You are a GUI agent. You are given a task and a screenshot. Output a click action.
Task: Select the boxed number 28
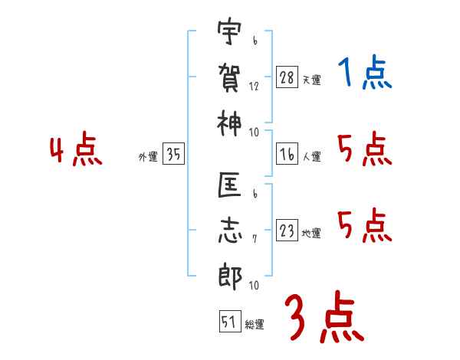click(x=287, y=77)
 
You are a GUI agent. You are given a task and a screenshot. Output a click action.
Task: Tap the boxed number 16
click(x=287, y=155)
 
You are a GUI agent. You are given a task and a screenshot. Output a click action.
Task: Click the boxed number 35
click(x=173, y=155)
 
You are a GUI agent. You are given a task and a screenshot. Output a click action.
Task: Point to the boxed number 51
click(x=228, y=322)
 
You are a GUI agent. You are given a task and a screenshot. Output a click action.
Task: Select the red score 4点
click(x=76, y=151)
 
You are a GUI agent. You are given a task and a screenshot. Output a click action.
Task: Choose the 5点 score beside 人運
click(x=364, y=149)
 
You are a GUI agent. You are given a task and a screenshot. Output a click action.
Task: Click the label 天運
click(x=311, y=80)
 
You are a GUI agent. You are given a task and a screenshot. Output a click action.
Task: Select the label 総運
click(x=255, y=325)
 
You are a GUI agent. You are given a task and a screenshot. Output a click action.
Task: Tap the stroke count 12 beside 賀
click(x=254, y=87)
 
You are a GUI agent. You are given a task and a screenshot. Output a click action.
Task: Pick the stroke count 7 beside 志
click(x=254, y=239)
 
